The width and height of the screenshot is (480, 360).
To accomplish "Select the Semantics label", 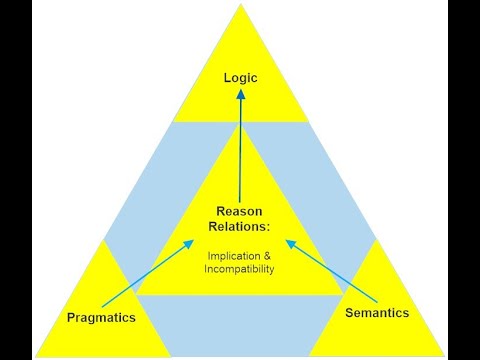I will click(x=376, y=313).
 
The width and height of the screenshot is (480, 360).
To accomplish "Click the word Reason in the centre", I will click(x=240, y=211).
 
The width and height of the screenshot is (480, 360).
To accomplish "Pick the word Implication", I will click(x=230, y=254).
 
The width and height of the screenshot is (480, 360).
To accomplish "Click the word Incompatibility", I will click(x=240, y=268).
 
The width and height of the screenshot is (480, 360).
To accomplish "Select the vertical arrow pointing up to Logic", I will click(x=240, y=150).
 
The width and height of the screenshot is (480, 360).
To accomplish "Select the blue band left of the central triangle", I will click(x=150, y=200).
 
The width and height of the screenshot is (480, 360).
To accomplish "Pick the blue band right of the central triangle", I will click(x=330, y=200).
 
